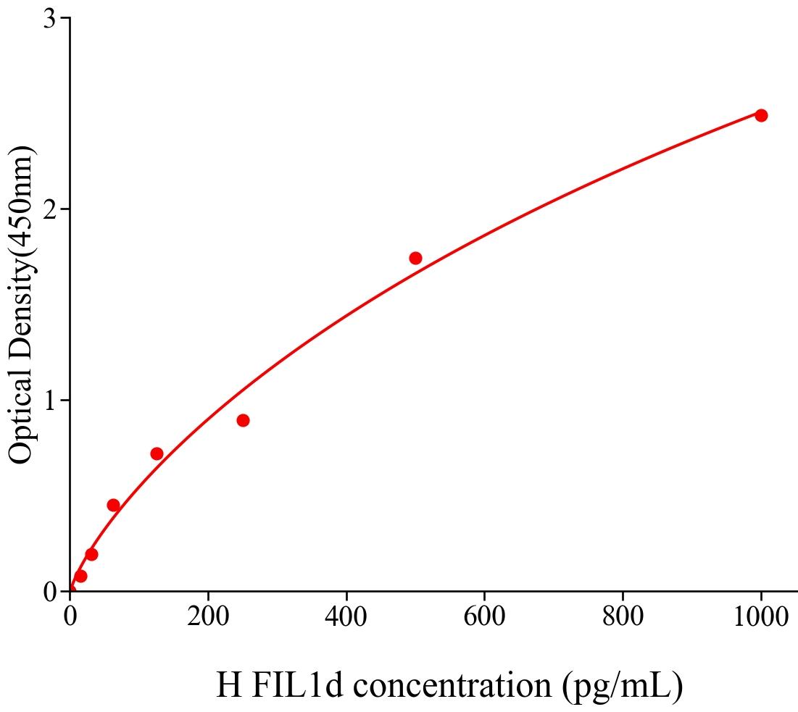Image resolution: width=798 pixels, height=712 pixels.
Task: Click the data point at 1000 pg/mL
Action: point(760,115)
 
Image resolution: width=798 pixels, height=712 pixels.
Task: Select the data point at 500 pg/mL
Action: point(415,258)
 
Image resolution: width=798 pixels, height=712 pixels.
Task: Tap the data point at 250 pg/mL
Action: point(243,420)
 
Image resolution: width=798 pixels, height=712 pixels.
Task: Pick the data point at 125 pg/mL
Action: point(157,453)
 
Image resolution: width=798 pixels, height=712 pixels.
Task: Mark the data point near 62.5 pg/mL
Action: point(113,505)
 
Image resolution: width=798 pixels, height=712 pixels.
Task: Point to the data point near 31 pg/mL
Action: point(91,554)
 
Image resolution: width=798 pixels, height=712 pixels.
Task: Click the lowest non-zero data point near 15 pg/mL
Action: point(80,576)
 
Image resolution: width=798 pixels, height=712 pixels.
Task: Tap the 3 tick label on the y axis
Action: point(50,19)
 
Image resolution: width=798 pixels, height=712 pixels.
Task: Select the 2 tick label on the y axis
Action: point(50,209)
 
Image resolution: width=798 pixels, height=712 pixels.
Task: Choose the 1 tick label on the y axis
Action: point(50,401)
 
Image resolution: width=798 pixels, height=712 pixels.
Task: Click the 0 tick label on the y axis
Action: point(50,592)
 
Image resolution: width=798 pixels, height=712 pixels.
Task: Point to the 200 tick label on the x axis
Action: point(208,618)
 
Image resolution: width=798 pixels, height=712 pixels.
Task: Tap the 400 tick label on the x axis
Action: point(346,618)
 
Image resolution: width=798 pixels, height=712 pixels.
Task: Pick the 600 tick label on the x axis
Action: point(484,618)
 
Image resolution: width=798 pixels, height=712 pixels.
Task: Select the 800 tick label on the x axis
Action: point(623,618)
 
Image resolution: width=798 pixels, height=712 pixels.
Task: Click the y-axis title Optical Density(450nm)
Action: point(22,304)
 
